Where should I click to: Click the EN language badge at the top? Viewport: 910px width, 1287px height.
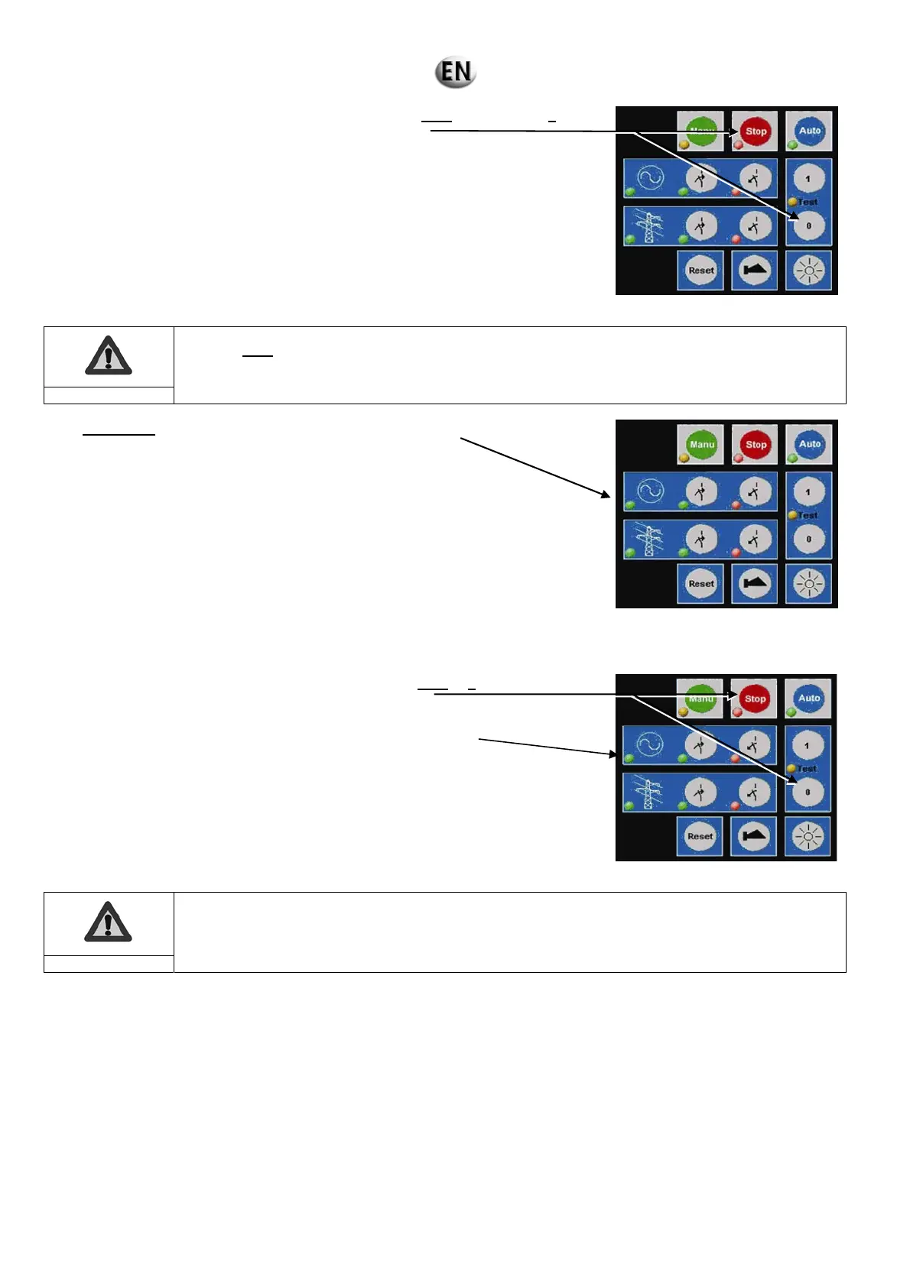[456, 73]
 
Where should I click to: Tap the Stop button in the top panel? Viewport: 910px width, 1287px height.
[755, 131]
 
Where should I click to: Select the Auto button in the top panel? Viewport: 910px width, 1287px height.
[809, 131]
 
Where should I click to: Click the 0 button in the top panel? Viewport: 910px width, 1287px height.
[808, 225]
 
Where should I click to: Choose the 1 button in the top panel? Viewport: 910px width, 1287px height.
[808, 179]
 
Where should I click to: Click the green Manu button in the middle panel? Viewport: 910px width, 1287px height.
[701, 445]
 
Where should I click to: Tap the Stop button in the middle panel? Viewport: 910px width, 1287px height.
[755, 445]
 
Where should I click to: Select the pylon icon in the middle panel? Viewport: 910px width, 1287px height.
[650, 540]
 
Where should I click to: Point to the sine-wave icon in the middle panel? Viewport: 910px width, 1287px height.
[650, 491]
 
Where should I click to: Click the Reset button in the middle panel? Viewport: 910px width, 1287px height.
[701, 584]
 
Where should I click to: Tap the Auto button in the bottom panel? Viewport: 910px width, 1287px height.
[808, 698]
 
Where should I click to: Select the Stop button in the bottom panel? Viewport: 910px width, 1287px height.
[755, 699]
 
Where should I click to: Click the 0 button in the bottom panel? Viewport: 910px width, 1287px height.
[808, 792]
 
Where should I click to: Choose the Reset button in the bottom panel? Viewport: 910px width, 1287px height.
[700, 837]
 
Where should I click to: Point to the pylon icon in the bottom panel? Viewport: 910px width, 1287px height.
[649, 793]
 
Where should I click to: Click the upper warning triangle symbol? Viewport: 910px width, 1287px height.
[109, 356]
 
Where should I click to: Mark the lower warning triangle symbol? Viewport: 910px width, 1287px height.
[108, 922]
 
